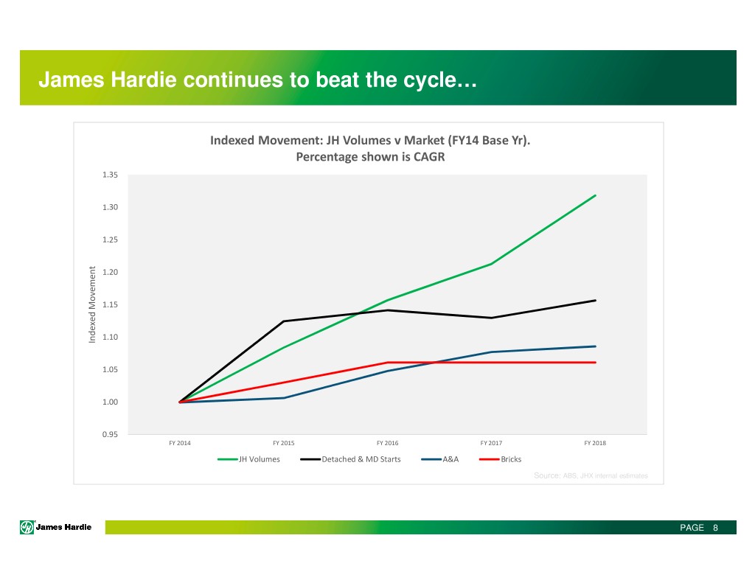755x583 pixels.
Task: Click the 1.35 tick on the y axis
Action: pyautogui.click(x=111, y=175)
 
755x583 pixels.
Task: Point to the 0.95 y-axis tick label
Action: pyautogui.click(x=111, y=434)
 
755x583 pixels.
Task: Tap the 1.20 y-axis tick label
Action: pyautogui.click(x=111, y=272)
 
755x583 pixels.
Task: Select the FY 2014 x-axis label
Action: pyautogui.click(x=180, y=443)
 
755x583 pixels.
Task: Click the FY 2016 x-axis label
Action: pyautogui.click(x=387, y=443)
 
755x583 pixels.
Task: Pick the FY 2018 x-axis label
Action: pyautogui.click(x=594, y=443)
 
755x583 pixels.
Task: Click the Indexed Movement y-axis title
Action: pyautogui.click(x=93, y=304)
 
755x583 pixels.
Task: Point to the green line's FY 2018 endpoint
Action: pyautogui.click(x=595, y=195)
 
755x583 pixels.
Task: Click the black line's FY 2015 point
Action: pyautogui.click(x=284, y=321)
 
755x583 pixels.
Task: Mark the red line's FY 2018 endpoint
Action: pyautogui.click(x=595, y=363)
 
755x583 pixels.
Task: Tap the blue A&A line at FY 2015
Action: pyautogui.click(x=284, y=398)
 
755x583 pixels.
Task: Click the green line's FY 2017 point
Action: pyautogui.click(x=491, y=264)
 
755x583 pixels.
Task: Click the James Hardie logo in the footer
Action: pyautogui.click(x=56, y=528)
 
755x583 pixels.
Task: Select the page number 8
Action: pyautogui.click(x=715, y=528)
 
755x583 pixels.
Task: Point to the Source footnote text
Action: pyautogui.click(x=590, y=476)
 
